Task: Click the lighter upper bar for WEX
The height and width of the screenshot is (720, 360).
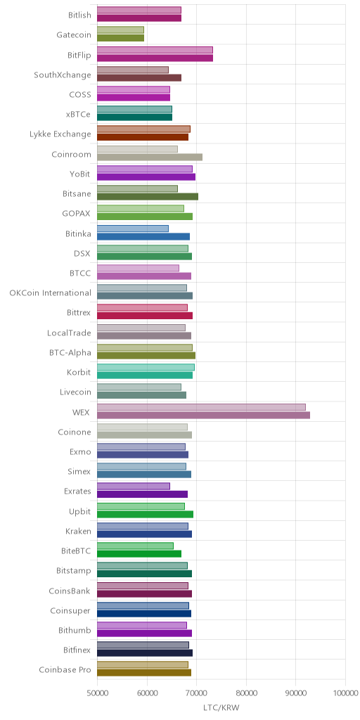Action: coord(201,407)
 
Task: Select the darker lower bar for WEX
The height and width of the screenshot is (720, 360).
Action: coord(203,415)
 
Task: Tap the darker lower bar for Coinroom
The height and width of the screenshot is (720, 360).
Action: coord(150,157)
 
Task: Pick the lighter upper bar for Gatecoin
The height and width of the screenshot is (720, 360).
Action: coord(120,30)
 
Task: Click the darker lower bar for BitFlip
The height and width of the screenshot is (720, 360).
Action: coord(155,58)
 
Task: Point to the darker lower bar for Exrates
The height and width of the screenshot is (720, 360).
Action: coord(142,494)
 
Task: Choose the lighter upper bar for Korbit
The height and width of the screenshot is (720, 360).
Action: coord(146,367)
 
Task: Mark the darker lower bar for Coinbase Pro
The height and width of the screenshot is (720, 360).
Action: coord(144,673)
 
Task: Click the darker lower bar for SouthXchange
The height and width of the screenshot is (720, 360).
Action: coord(139,77)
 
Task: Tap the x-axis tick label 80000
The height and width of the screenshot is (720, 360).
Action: coord(246,693)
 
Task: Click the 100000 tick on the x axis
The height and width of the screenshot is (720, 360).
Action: coord(345,693)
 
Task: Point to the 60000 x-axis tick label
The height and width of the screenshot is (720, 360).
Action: coord(147,693)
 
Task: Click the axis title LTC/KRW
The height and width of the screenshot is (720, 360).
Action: coord(221,707)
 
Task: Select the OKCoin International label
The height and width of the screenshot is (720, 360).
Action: coord(50,293)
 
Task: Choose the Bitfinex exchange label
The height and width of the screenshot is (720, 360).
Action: coord(77,650)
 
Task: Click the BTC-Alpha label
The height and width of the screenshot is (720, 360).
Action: coord(70,353)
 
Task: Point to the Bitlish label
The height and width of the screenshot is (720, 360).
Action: coord(79,15)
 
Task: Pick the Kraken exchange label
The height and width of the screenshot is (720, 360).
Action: coord(78,532)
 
